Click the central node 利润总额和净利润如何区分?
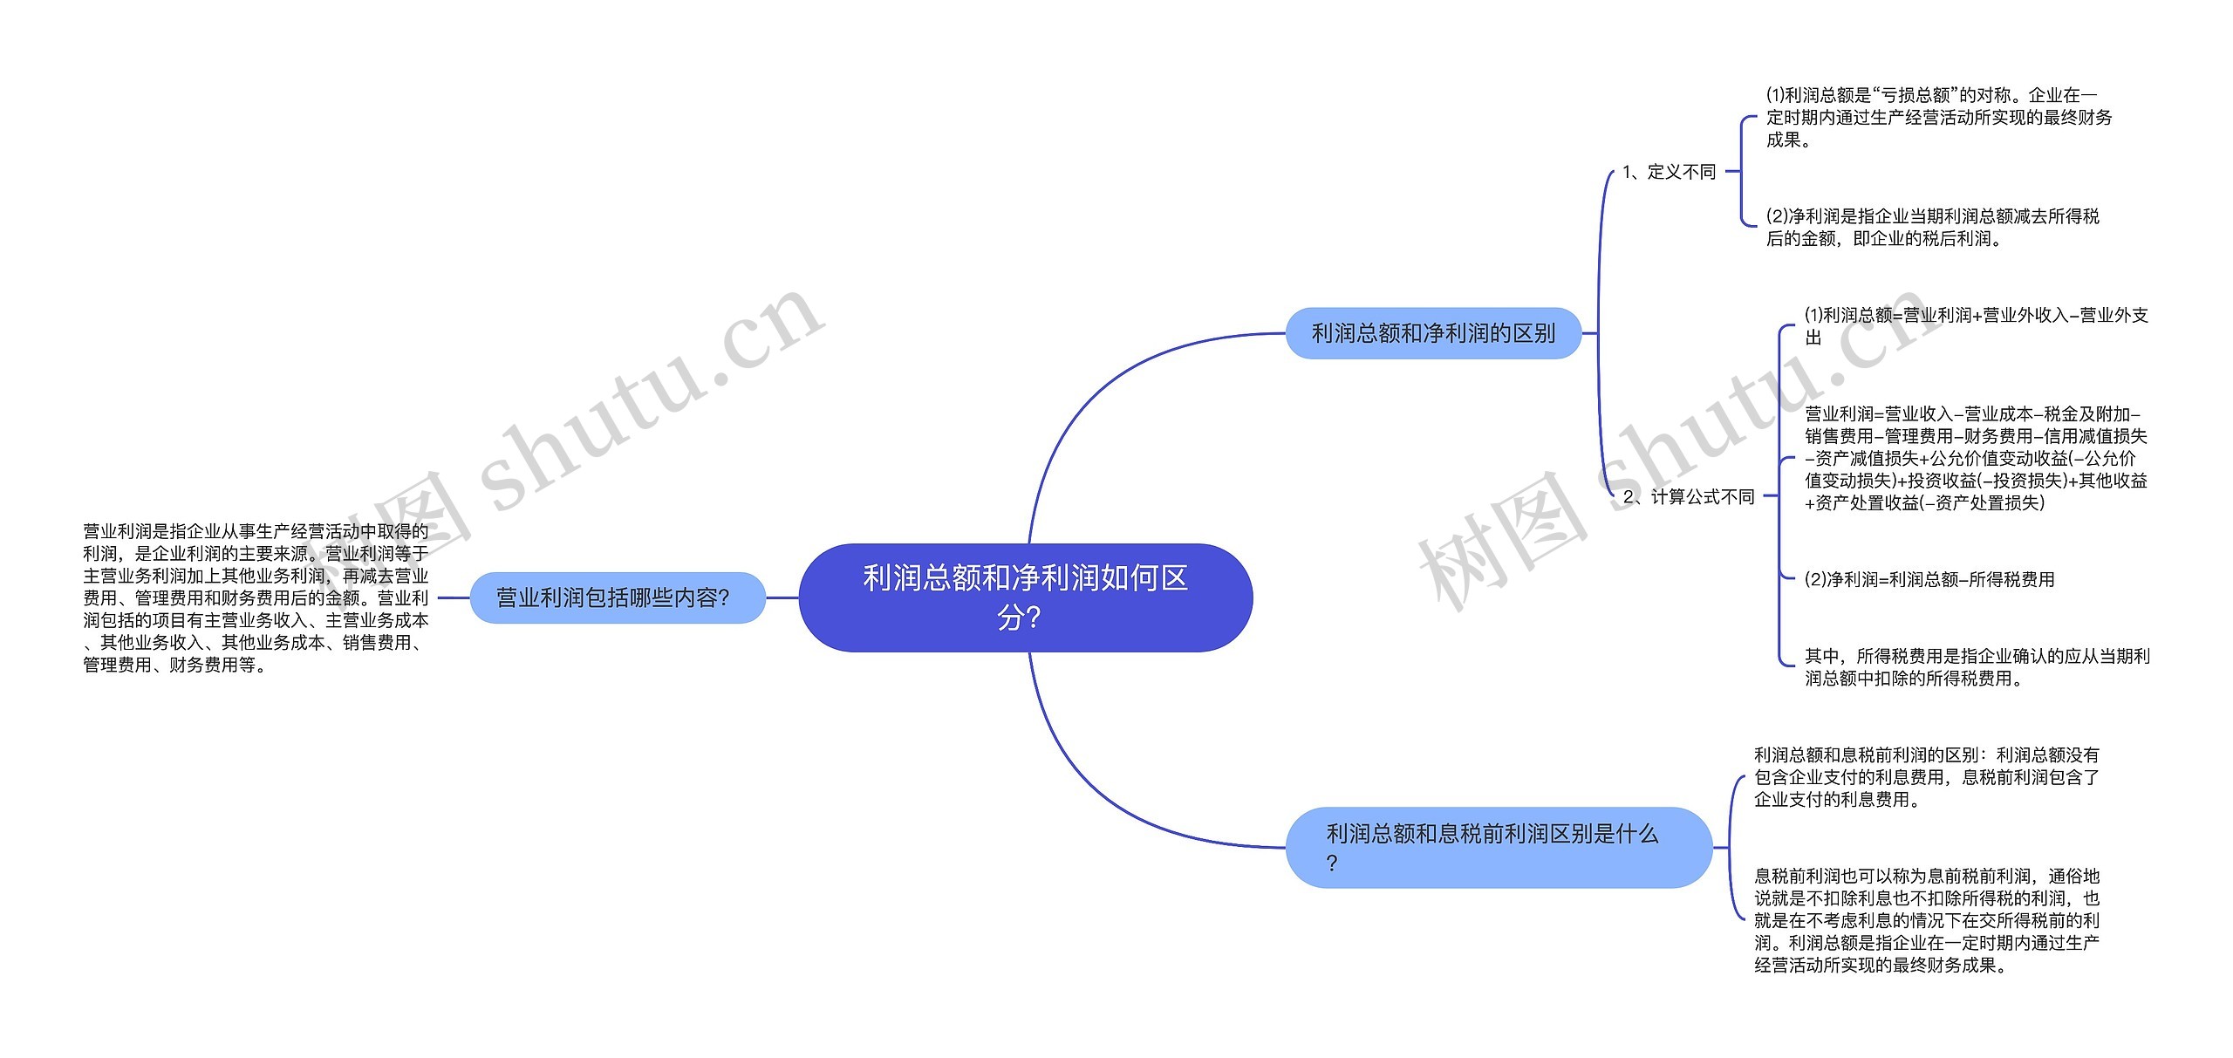pyautogui.click(x=1026, y=597)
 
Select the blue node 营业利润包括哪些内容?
pyautogui.click(x=618, y=597)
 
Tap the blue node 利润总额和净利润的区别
pyautogui.click(x=1433, y=333)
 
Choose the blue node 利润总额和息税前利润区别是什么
pyautogui.click(x=1499, y=847)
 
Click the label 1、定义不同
pyautogui.click(x=1669, y=172)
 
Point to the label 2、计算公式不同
pyautogui.click(x=1689, y=496)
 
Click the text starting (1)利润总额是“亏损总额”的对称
pyautogui.click(x=1939, y=117)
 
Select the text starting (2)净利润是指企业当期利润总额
pyautogui.click(x=1933, y=227)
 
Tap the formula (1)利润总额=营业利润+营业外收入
pyautogui.click(x=1976, y=326)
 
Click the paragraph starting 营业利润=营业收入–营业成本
pyautogui.click(x=1976, y=458)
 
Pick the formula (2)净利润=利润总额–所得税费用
pyautogui.click(x=1929, y=579)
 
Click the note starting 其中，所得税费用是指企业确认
pyautogui.click(x=1977, y=667)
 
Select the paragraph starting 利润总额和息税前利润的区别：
pyautogui.click(x=1927, y=777)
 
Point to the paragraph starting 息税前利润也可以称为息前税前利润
pyautogui.click(x=1927, y=920)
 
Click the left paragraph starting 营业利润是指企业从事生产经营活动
pyautogui.click(x=256, y=597)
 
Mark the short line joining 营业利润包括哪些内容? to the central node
pyautogui.click(x=782, y=597)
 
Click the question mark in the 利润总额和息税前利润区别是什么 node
pyautogui.click(x=1332, y=863)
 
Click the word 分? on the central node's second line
pyautogui.click(x=1020, y=618)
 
